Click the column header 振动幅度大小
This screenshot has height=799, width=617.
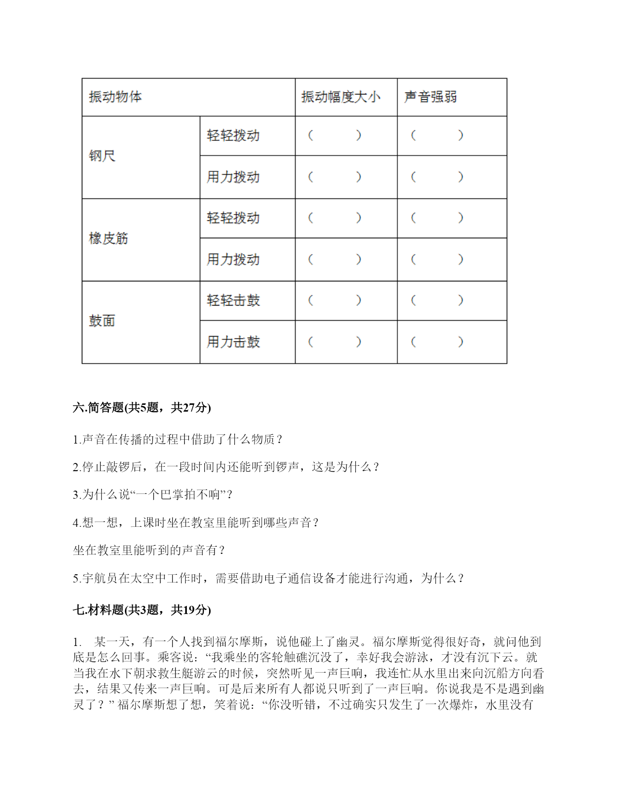point(341,97)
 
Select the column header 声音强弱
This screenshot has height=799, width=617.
point(430,97)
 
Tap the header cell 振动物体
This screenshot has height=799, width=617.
point(115,97)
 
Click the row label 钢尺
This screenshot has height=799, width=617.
point(102,156)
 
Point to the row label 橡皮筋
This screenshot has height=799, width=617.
point(108,238)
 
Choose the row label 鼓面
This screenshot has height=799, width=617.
point(102,321)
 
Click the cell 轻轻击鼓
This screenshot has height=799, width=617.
point(233,301)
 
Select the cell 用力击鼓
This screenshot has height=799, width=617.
point(233,342)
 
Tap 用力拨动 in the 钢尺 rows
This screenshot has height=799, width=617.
point(233,177)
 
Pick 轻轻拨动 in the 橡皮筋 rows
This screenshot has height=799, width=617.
point(233,218)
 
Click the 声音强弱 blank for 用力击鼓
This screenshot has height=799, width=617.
point(437,342)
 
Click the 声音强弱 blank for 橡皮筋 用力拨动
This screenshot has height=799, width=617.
point(437,260)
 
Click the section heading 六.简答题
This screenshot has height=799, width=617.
point(142,408)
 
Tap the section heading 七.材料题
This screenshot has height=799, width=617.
point(142,610)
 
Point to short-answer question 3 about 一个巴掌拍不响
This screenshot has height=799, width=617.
point(153,495)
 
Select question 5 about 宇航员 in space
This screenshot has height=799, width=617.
point(269,578)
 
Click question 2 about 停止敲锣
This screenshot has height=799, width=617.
point(226,467)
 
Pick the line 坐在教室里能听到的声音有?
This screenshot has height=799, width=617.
point(149,551)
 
